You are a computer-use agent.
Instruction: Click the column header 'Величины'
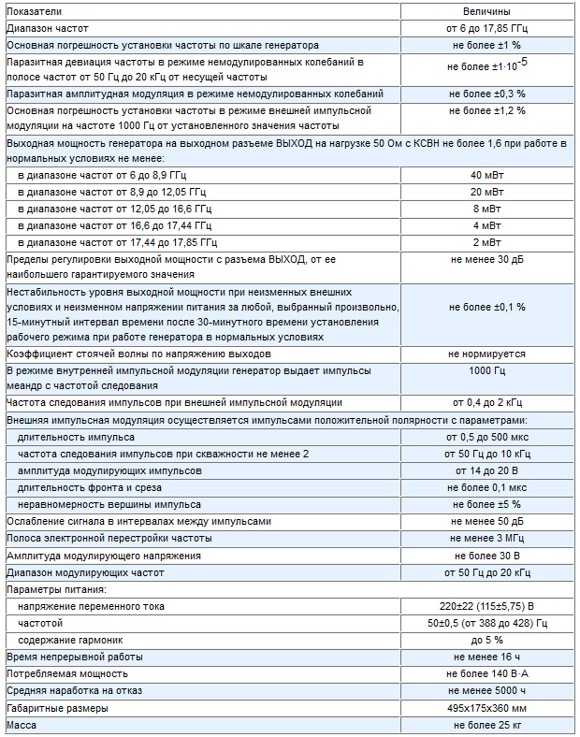pyautogui.click(x=486, y=11)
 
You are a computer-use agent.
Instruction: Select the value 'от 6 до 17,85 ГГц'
pyautogui.click(x=486, y=28)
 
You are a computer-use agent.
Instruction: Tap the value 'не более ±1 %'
pyautogui.click(x=486, y=45)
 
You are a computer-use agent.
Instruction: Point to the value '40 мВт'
pyautogui.click(x=486, y=175)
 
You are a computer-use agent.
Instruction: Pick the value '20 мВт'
pyautogui.click(x=486, y=192)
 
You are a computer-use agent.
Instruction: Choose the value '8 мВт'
pyautogui.click(x=486, y=209)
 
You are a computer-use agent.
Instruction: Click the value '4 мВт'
pyautogui.click(x=486, y=225)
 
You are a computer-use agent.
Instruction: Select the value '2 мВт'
pyautogui.click(x=486, y=242)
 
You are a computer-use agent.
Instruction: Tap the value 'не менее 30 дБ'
pyautogui.click(x=486, y=259)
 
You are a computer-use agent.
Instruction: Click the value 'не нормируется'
pyautogui.click(x=486, y=354)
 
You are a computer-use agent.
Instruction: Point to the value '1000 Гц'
pyautogui.click(x=486, y=371)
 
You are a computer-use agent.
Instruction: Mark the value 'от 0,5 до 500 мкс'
pyautogui.click(x=486, y=437)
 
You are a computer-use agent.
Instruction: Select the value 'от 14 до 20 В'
pyautogui.click(x=486, y=470)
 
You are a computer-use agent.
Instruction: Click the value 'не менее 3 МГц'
pyautogui.click(x=486, y=538)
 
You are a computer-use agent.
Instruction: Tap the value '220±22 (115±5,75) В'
pyautogui.click(x=486, y=606)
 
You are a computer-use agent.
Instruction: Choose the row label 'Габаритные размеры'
pyautogui.click(x=57, y=708)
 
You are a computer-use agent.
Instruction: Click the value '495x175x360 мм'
pyautogui.click(x=486, y=708)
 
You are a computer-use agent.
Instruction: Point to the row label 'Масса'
pyautogui.click(x=22, y=725)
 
